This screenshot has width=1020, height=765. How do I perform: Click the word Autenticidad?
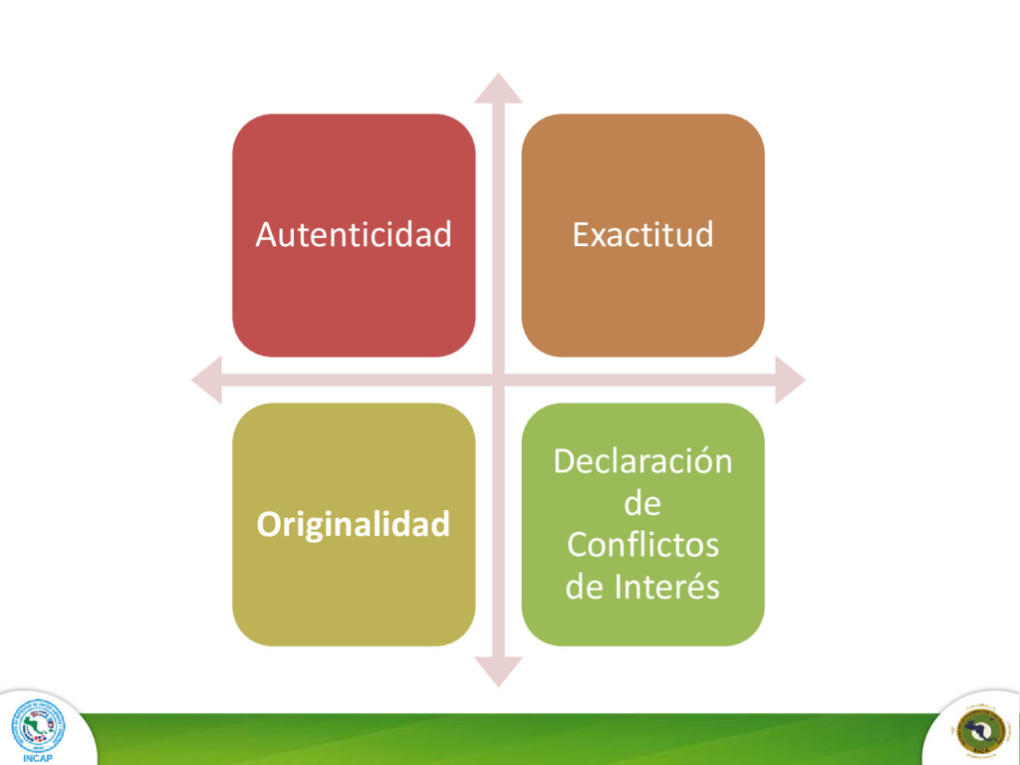(354, 235)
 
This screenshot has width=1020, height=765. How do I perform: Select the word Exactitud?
(642, 235)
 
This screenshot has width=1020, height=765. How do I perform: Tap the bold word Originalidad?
(354, 524)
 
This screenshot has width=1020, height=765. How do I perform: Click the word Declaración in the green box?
(642, 462)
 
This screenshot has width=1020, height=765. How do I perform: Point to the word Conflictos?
(642, 546)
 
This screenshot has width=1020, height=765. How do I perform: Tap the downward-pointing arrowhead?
(498, 672)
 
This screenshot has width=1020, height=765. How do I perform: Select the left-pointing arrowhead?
(206, 380)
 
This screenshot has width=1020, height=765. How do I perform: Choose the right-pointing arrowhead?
(790, 380)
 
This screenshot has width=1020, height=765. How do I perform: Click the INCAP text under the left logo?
(38, 757)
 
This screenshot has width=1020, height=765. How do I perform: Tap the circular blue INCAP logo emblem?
(38, 724)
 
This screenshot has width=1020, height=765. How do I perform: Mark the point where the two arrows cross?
(498, 380)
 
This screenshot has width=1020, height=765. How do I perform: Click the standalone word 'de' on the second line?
(642, 504)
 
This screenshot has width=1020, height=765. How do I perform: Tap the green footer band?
(498, 739)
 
